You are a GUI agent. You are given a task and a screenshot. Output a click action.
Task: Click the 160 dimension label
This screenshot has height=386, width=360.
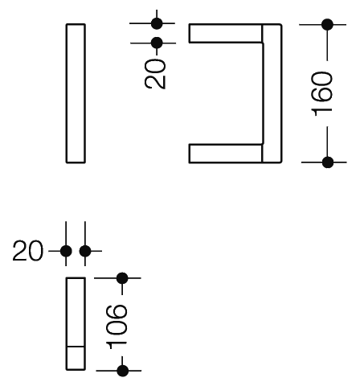pyautogui.click(x=322, y=94)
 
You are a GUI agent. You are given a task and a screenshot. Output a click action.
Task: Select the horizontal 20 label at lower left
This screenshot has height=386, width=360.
pyautogui.click(x=28, y=251)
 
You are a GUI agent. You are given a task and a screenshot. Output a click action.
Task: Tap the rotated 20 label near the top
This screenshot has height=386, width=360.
pyautogui.click(x=155, y=74)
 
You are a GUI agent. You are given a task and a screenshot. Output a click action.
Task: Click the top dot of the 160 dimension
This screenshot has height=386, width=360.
pyautogui.click(x=327, y=25)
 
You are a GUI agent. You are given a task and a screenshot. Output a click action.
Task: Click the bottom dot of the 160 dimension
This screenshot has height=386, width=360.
pyautogui.click(x=328, y=162)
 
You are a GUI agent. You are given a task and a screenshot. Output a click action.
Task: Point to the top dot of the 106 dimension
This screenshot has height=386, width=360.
pyautogui.click(x=122, y=278)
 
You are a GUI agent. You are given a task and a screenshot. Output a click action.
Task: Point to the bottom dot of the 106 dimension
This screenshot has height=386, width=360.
pyautogui.click(x=123, y=371)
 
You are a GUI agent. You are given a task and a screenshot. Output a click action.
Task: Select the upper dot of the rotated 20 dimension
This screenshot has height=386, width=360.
pyautogui.click(x=157, y=23)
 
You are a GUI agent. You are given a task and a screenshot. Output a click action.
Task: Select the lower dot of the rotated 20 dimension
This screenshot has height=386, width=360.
pyautogui.click(x=157, y=43)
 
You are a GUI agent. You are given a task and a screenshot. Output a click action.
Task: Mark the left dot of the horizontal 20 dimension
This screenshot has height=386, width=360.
pyautogui.click(x=66, y=251)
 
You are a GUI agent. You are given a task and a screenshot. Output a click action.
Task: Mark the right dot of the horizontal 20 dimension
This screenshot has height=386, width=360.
pyautogui.click(x=85, y=251)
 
